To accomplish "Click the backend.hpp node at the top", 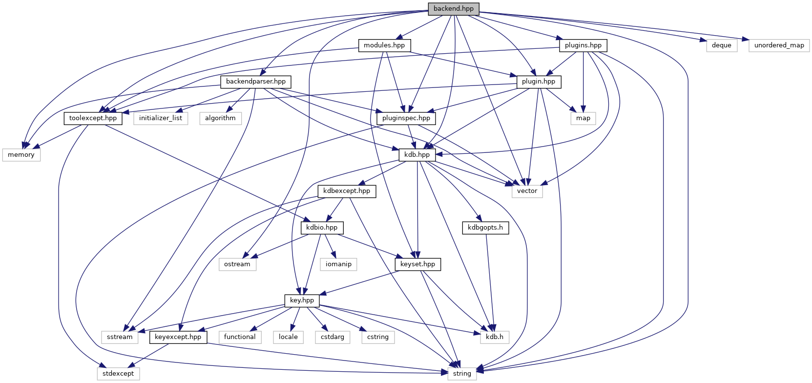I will tap(453, 9).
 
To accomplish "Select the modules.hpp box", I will tap(384, 45).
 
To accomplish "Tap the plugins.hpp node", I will tap(583, 45).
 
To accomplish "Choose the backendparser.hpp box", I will tap(256, 82).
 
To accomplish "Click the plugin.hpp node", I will tap(539, 82).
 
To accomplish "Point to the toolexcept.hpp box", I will tap(93, 118).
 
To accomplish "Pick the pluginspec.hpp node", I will tap(406, 118).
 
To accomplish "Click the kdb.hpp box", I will tap(417, 155).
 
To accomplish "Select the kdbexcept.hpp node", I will tap(347, 191).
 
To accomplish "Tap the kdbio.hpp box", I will tap(322, 228).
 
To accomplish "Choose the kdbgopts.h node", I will tap(485, 228).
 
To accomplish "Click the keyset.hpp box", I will tap(417, 264).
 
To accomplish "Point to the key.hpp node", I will tap(302, 300).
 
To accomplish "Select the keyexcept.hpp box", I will tap(178, 337).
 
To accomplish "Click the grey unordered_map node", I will tap(779, 45).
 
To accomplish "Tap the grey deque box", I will tap(721, 45).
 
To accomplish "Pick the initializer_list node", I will tap(161, 118).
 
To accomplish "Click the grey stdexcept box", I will tap(118, 374).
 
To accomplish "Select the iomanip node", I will tap(338, 264).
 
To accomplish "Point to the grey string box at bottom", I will tap(462, 374).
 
